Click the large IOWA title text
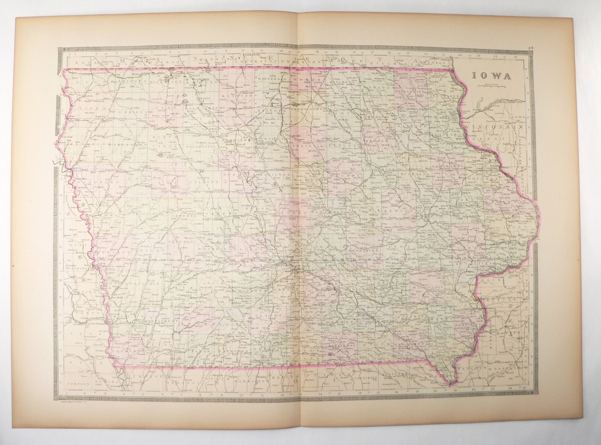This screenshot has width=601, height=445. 491,76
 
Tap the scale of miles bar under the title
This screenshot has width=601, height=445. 491,86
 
